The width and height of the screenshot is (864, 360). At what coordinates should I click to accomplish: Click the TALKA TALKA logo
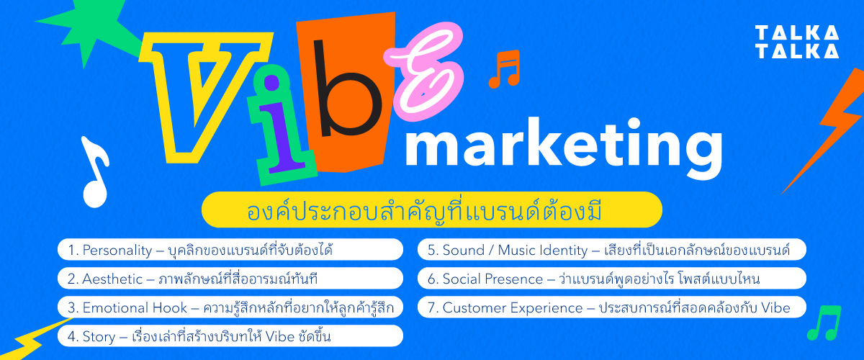point(796,42)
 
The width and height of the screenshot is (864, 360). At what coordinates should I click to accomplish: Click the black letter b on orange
point(351,94)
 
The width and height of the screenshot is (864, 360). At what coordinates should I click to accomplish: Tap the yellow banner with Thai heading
point(431,210)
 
